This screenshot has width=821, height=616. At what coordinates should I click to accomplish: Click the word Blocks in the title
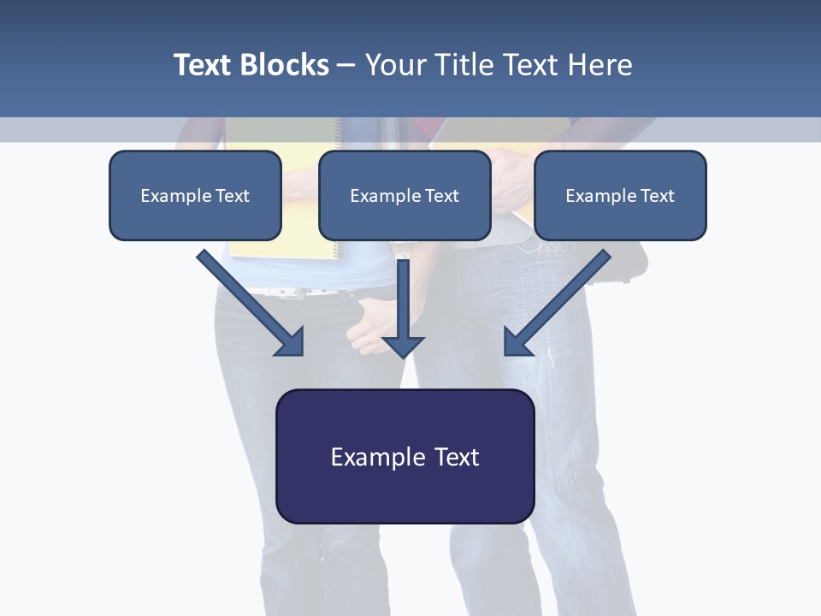click(285, 65)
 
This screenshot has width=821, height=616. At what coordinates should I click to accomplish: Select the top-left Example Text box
click(195, 196)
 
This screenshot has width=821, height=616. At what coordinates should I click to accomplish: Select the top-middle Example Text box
click(405, 196)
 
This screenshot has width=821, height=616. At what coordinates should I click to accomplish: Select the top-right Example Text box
click(620, 196)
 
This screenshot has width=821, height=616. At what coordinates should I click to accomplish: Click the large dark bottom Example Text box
click(405, 457)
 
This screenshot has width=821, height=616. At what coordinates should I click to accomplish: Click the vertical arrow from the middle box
click(403, 299)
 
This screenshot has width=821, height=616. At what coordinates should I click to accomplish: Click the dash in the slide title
click(346, 65)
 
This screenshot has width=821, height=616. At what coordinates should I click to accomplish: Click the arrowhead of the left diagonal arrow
click(292, 343)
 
